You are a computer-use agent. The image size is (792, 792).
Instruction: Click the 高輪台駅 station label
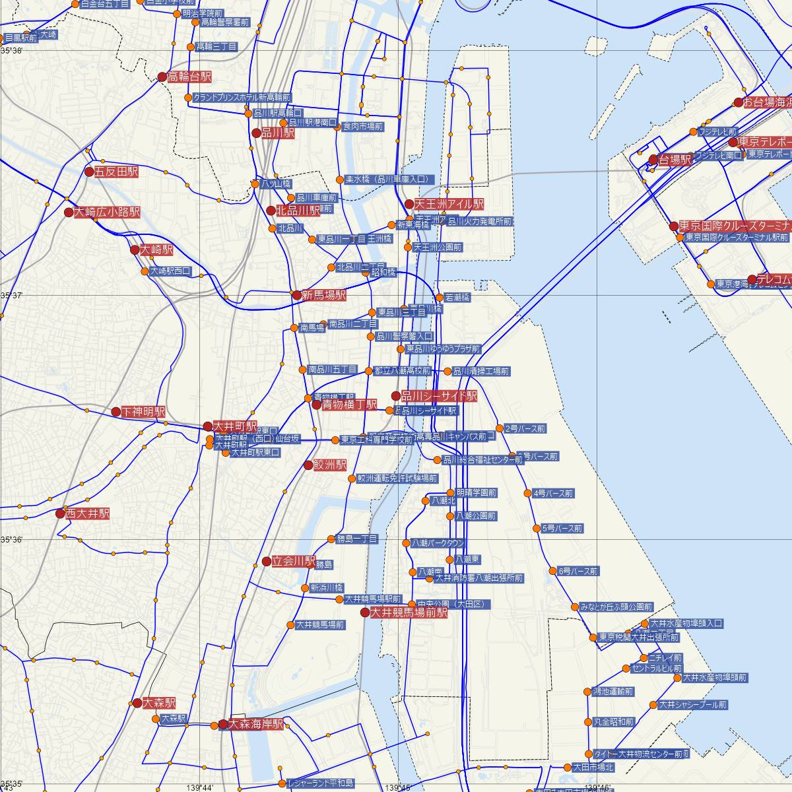[x=189, y=77]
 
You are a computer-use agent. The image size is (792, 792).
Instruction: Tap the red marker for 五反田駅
[x=90, y=172]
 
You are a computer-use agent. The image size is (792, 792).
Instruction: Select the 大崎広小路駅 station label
[x=107, y=213]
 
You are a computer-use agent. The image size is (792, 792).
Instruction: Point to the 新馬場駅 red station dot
[x=297, y=295]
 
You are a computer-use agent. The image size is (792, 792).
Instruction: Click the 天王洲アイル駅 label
[x=449, y=204]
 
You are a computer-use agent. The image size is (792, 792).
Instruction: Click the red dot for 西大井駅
[x=61, y=513]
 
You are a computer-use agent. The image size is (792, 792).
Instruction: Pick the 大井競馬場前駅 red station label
[x=409, y=612]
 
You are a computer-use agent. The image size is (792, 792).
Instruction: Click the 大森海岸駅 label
[x=255, y=724]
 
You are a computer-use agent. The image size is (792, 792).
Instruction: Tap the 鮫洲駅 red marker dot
[x=308, y=465]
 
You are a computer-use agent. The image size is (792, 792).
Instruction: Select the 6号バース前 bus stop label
[x=578, y=571]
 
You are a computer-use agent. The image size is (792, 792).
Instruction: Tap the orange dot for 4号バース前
[x=527, y=493]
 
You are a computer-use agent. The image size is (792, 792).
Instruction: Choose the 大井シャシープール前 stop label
[x=692, y=705]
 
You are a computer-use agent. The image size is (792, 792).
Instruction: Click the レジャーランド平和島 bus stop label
[x=321, y=784]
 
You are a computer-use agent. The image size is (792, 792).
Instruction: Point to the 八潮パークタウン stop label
[x=438, y=543]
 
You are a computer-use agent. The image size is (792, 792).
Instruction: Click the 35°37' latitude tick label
[x=13, y=295]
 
